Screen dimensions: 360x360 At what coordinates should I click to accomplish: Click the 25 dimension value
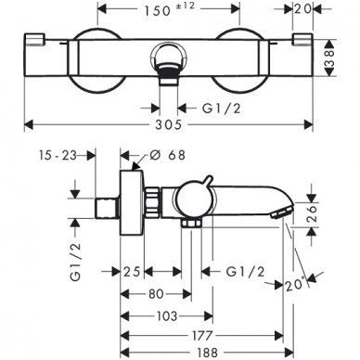tap(133, 271)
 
